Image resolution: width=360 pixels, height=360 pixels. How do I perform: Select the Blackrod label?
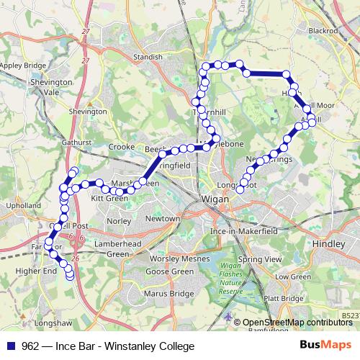323,32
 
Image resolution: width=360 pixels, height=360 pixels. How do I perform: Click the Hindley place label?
330,245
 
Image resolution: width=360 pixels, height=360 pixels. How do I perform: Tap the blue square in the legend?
12,346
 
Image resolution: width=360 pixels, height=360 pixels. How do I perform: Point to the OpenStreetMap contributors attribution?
297,323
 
